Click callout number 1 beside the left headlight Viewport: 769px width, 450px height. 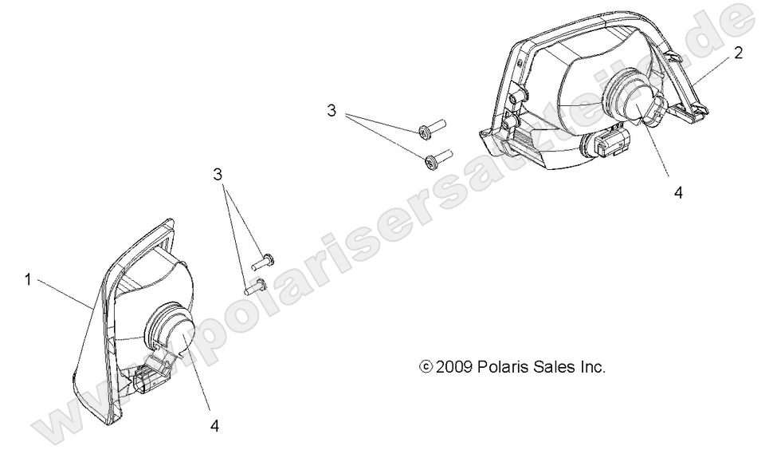pos(28,280)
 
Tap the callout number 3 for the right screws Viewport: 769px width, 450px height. pos(332,111)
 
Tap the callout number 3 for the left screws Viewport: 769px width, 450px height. pos(218,175)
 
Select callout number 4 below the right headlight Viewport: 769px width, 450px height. pos(678,193)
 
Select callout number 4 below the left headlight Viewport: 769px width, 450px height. pos(214,426)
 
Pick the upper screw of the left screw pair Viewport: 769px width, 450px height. pos(263,262)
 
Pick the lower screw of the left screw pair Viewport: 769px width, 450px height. pos(255,286)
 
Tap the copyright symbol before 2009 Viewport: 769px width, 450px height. pos(426,366)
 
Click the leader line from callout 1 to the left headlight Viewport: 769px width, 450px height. pos(65,294)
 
